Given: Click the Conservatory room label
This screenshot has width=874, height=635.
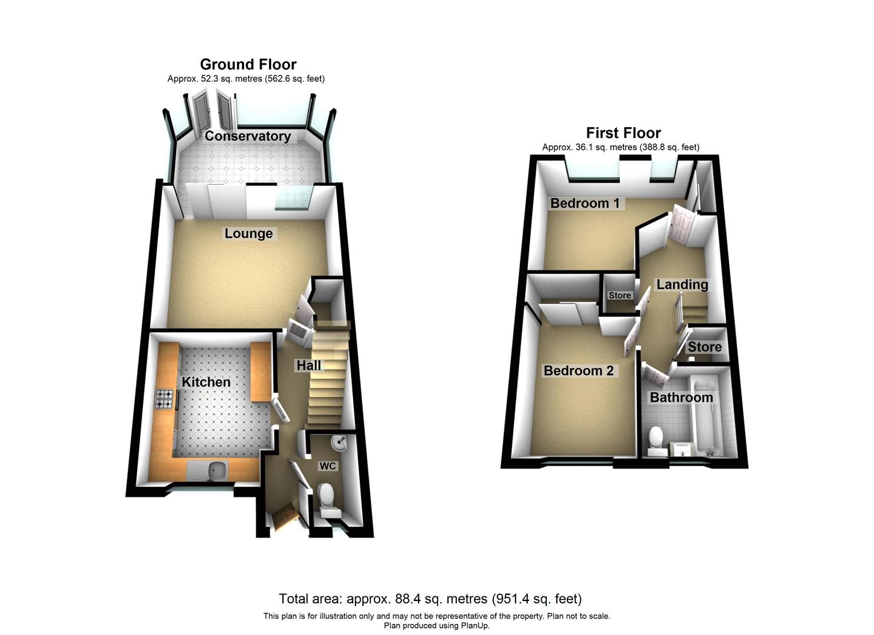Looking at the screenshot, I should pos(248,136).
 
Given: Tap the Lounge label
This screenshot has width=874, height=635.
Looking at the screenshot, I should pos(248,233).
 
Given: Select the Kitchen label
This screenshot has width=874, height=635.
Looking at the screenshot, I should pos(206,382).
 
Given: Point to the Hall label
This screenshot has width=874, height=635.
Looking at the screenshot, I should pos(308,366).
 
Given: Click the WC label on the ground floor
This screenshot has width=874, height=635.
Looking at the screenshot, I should pos(327,466).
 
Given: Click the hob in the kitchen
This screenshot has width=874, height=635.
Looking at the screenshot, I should pos(165,400).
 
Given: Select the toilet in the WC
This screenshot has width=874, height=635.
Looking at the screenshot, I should pos(325,497).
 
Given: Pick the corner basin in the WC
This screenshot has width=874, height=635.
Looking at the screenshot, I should pos(340,442).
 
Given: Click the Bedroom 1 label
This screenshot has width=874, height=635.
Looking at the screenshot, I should pos(584,203).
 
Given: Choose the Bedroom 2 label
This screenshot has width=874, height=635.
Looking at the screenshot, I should pos(579,371).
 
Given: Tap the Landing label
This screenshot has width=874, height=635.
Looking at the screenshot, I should pos(682,285).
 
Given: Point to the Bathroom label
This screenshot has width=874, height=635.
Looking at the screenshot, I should pos(681,397).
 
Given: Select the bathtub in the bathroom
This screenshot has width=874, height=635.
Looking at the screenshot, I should pos(704,417).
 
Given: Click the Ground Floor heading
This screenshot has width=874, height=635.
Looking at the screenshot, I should pos(248,64).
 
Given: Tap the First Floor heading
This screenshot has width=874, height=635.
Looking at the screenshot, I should pos(623,133).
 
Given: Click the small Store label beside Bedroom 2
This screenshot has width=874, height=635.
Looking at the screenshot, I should pos(619,296).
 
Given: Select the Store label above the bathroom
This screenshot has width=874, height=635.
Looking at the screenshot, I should pos(704,347).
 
